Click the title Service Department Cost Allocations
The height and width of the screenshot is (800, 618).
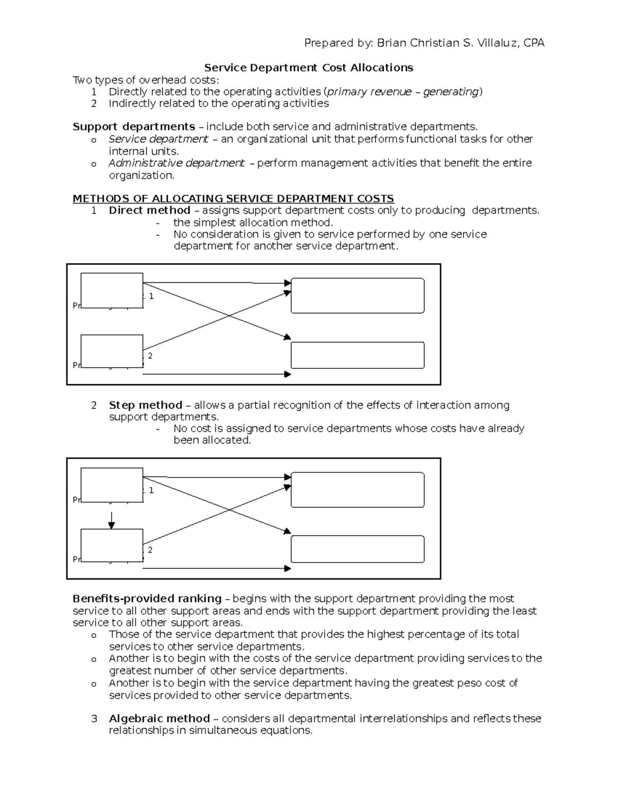tap(308, 67)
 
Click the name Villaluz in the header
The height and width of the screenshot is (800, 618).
tap(499, 43)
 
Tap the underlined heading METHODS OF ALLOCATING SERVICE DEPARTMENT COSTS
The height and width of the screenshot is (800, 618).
tap(233, 198)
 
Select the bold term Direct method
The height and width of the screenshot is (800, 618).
tap(149, 210)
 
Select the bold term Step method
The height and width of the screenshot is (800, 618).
tap(145, 405)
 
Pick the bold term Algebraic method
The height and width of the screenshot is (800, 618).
tap(159, 718)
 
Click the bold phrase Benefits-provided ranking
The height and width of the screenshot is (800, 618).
tap(147, 599)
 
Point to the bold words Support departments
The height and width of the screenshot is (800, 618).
tap(133, 127)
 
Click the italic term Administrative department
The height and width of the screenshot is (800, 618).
tap(176, 163)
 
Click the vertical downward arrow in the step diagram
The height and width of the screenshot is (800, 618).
tap(111, 520)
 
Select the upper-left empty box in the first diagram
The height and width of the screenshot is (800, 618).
tap(112, 291)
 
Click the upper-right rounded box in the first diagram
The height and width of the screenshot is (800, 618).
tap(357, 296)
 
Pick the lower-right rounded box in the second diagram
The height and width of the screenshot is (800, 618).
tap(357, 549)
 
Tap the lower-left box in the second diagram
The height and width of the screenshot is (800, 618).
tap(112, 545)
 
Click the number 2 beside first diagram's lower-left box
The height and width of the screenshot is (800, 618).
tap(150, 356)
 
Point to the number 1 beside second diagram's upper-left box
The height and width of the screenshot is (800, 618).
tap(151, 490)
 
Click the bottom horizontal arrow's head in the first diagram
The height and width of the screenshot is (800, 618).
tap(288, 374)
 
